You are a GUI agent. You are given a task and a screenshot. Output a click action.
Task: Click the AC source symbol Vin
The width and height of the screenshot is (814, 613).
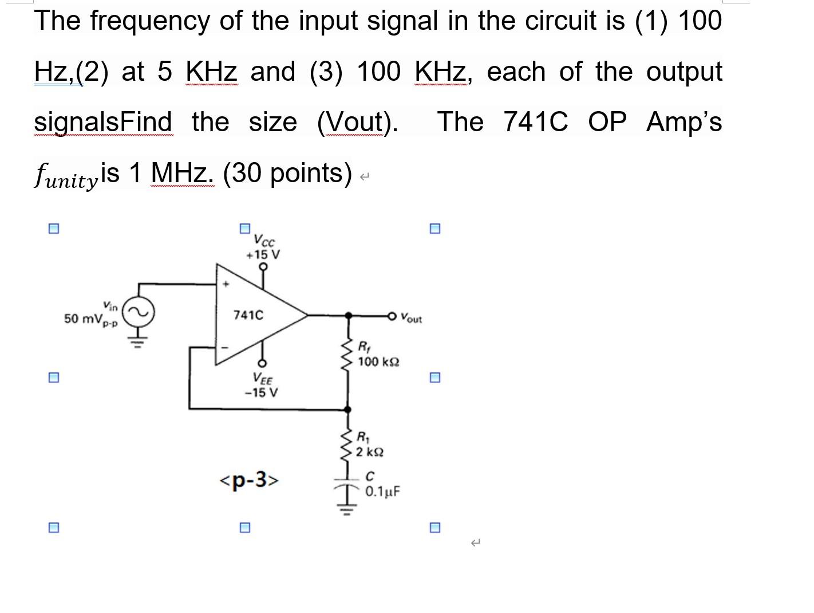click(137, 312)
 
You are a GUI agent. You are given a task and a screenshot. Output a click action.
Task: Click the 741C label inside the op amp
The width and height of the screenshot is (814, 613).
click(248, 315)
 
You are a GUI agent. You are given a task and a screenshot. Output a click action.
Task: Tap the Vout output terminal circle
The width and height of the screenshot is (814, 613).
click(392, 315)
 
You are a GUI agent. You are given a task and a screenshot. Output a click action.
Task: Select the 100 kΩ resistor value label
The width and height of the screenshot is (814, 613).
click(378, 362)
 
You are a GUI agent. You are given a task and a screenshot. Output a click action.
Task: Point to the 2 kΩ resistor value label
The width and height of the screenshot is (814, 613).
click(370, 452)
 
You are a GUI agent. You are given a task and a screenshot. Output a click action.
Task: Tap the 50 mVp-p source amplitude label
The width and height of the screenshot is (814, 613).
click(90, 319)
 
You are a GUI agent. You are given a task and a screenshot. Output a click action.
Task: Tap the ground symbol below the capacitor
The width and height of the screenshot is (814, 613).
click(346, 508)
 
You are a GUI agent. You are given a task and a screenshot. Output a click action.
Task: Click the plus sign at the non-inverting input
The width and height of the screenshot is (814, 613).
click(227, 283)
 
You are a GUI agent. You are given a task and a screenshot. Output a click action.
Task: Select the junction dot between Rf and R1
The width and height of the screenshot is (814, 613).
click(346, 409)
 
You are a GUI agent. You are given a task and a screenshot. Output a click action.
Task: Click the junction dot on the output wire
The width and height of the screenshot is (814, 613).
click(347, 315)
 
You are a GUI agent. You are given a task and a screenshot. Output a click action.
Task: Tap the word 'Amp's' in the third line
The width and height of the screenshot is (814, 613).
click(683, 121)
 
